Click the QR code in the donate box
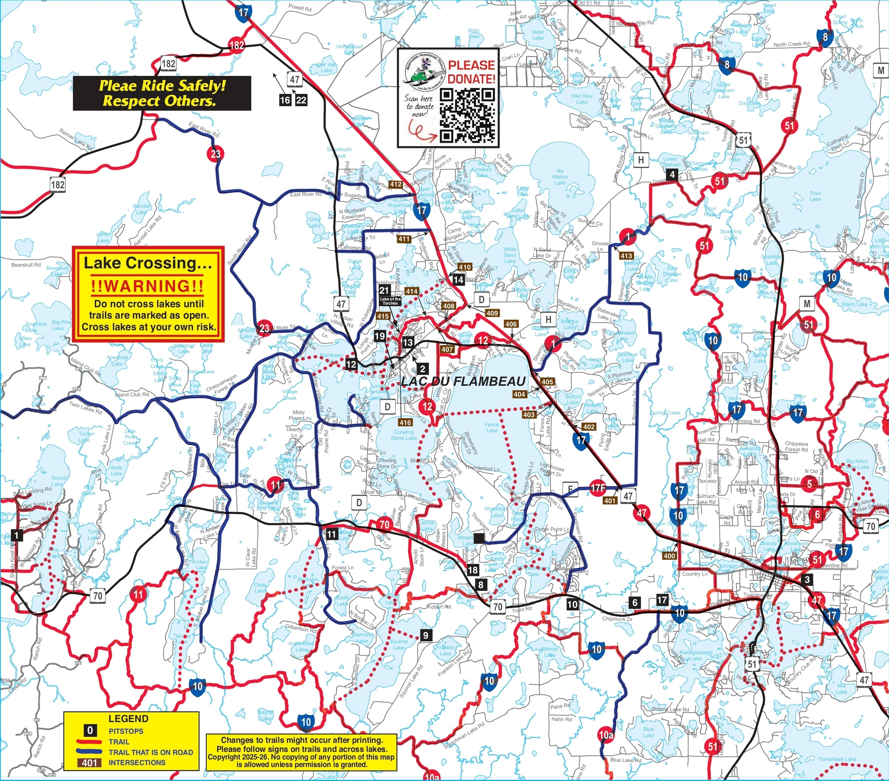tap(467, 116)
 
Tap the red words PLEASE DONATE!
tap(472, 72)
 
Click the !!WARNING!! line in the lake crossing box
tap(147, 286)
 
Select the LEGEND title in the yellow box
tap(128, 719)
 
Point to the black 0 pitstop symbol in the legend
tap(90, 730)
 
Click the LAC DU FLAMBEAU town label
tap(463, 382)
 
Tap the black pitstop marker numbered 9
tap(425, 635)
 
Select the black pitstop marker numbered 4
tap(672, 175)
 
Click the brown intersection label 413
tap(626, 256)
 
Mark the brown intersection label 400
tap(669, 556)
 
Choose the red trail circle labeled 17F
tap(598, 488)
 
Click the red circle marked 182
tap(237, 45)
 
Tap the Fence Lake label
tap(492, 427)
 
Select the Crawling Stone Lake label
tap(404, 435)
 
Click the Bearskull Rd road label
tap(26, 265)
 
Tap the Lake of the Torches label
tap(390, 301)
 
